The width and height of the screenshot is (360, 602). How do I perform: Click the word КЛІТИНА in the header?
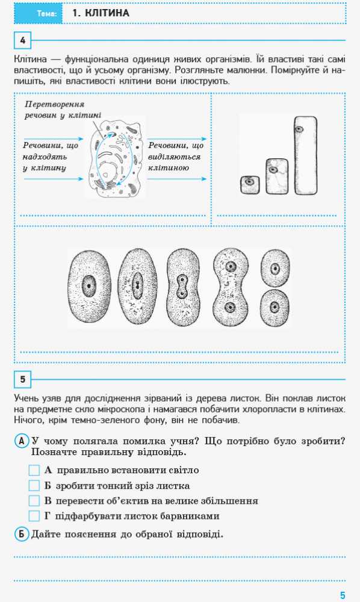(x=107, y=13)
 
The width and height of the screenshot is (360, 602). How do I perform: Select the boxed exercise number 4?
(x=23, y=40)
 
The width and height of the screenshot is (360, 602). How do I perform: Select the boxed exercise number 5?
(x=23, y=380)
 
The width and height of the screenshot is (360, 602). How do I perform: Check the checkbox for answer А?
(x=34, y=470)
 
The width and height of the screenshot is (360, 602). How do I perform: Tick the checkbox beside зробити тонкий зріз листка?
(x=34, y=486)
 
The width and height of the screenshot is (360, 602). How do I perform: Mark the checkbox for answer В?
(x=34, y=501)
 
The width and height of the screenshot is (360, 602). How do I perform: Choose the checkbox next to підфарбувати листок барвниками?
(x=34, y=516)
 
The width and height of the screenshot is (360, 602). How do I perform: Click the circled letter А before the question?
(x=22, y=441)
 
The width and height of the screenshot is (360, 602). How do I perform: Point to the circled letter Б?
(x=22, y=534)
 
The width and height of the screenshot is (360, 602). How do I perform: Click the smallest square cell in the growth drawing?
(x=250, y=185)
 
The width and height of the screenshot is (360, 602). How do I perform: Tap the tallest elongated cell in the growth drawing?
(x=306, y=155)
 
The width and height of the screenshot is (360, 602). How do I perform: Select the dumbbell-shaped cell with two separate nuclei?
(x=231, y=287)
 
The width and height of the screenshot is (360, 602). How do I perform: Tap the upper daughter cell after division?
(x=275, y=268)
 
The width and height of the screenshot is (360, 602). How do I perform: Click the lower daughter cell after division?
(x=275, y=308)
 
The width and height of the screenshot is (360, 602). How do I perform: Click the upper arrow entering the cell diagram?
(x=54, y=139)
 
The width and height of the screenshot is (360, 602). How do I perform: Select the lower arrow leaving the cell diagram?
(x=177, y=179)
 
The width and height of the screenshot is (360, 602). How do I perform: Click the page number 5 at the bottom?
(x=343, y=595)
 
